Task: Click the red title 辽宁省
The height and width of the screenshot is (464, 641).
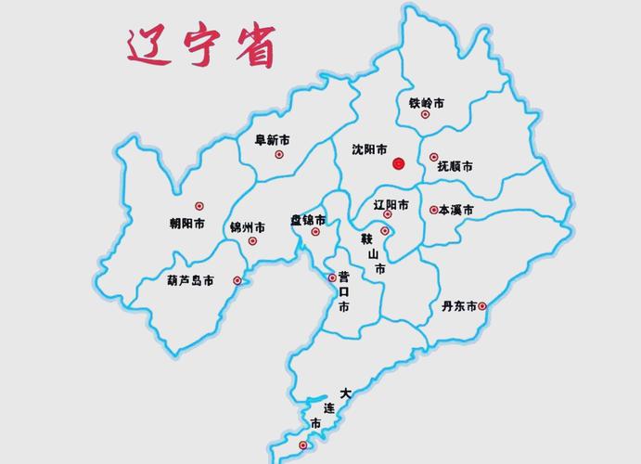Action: click(x=201, y=46)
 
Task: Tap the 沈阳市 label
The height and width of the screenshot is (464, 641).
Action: click(x=370, y=148)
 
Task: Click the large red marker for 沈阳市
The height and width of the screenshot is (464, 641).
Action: click(x=398, y=162)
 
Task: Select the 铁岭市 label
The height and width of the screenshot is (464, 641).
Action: click(x=426, y=103)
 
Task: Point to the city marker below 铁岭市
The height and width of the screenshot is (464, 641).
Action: click(x=425, y=115)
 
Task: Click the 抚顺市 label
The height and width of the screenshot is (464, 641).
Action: click(x=455, y=166)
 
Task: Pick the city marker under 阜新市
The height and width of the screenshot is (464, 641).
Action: click(x=278, y=154)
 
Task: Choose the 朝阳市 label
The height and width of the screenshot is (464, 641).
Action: click(x=187, y=224)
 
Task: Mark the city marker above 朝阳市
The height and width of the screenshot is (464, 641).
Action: click(x=199, y=206)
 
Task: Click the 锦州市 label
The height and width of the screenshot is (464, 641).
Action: click(x=248, y=227)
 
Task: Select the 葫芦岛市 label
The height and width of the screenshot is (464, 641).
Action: click(x=190, y=280)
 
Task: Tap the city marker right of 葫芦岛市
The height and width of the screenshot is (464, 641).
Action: click(x=237, y=280)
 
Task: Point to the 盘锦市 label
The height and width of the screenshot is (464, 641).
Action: click(x=308, y=220)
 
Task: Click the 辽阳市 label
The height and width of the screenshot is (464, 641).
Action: click(x=390, y=203)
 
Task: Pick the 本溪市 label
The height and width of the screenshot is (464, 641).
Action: click(x=456, y=211)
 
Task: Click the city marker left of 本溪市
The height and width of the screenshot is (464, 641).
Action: click(x=433, y=210)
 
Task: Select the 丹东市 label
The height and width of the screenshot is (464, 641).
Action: click(x=458, y=305)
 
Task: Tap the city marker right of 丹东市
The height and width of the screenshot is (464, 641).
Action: click(x=481, y=305)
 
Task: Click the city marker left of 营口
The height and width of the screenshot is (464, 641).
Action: click(x=332, y=277)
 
